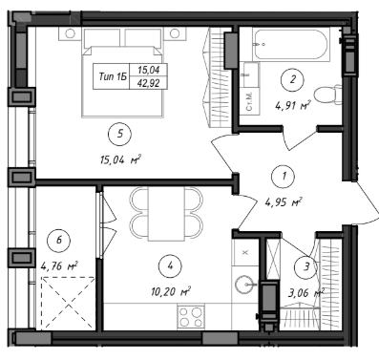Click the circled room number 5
(x=119, y=135)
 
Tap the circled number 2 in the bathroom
(x=292, y=79)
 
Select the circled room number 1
(x=284, y=176)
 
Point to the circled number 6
(x=59, y=241)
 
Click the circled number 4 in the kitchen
(x=171, y=265)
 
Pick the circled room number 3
(x=305, y=266)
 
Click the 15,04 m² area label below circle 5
(x=120, y=159)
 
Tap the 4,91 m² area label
(x=292, y=105)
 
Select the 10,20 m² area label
(x=170, y=291)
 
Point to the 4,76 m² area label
(x=59, y=265)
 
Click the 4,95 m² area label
(x=284, y=202)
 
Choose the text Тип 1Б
(x=113, y=76)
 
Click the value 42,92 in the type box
(x=148, y=83)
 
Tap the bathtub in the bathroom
(x=292, y=45)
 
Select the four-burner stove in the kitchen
(x=191, y=317)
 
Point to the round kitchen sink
(x=245, y=283)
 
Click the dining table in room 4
(x=166, y=214)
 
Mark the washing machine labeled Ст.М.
(x=249, y=101)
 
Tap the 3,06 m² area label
(x=305, y=292)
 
